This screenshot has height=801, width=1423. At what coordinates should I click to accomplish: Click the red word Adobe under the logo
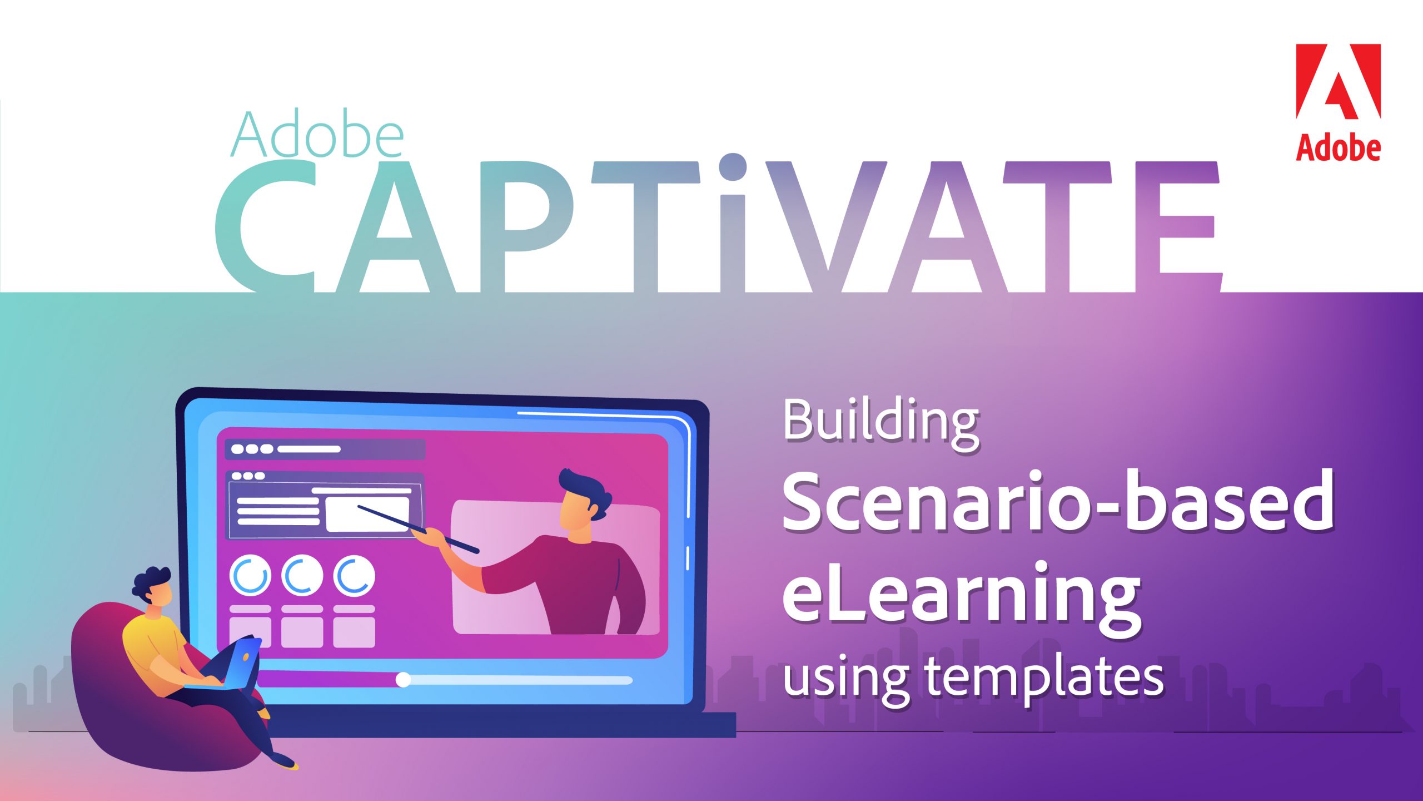click(x=1338, y=147)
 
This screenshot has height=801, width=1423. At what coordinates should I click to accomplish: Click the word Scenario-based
click(x=1058, y=502)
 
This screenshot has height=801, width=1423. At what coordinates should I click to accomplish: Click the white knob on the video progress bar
click(x=403, y=679)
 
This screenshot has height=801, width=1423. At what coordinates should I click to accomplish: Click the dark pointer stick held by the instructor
click(x=418, y=529)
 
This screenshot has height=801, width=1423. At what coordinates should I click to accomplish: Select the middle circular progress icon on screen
click(x=302, y=576)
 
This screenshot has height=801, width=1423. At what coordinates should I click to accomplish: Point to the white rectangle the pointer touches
click(x=367, y=515)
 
